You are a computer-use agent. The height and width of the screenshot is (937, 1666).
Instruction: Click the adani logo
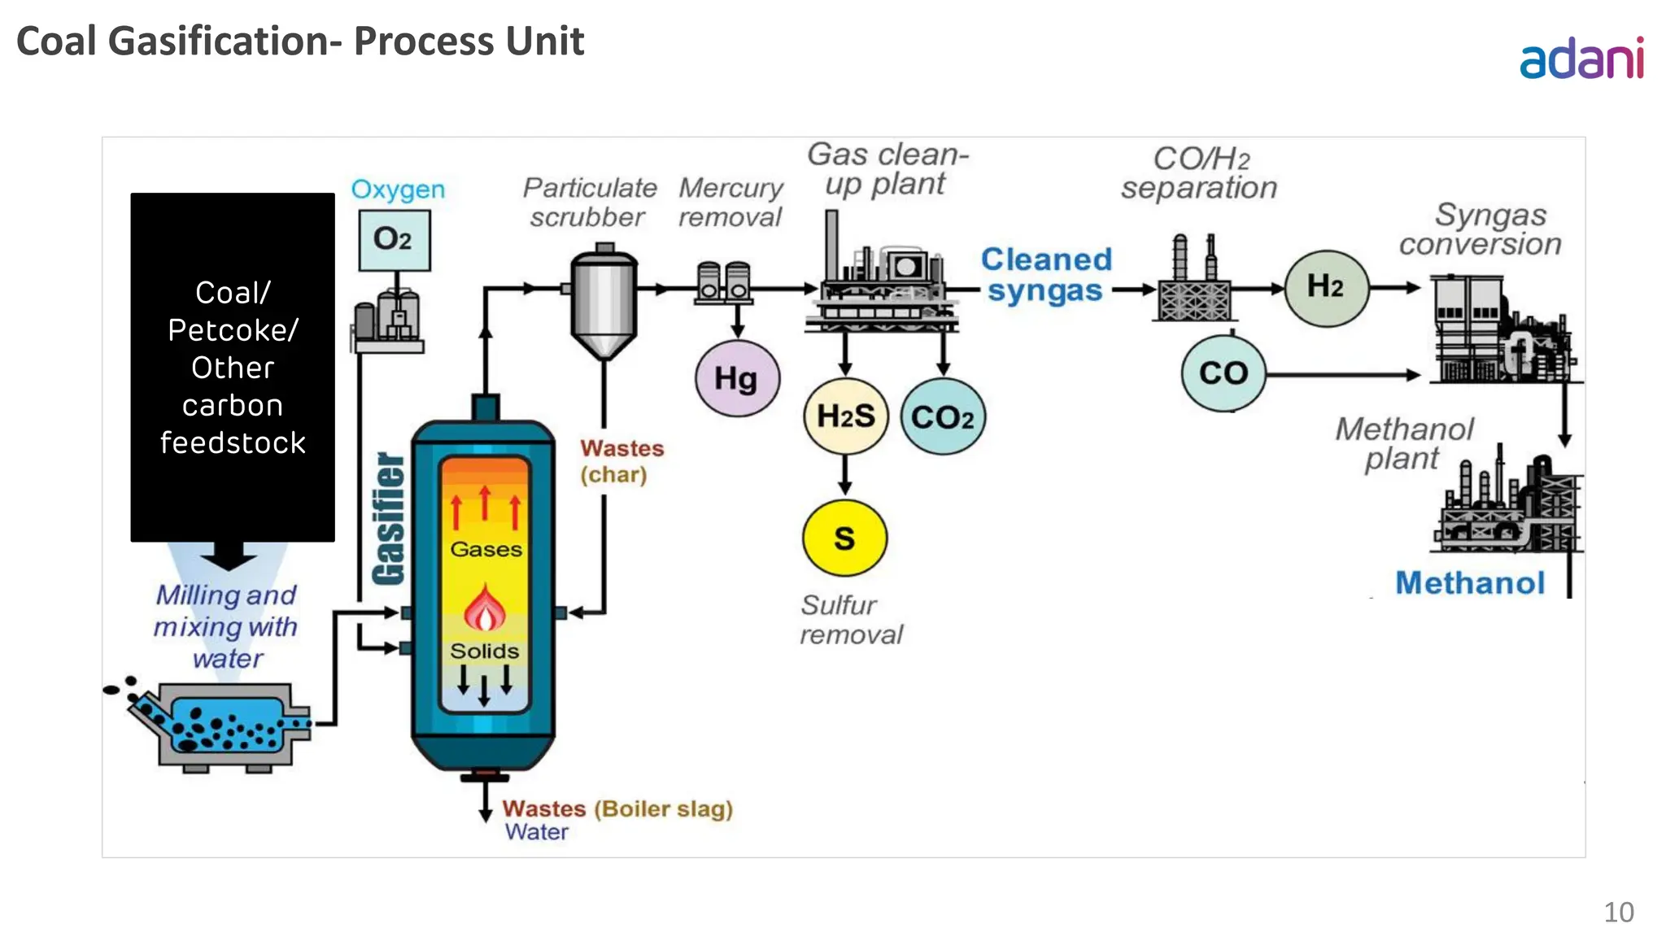1581,59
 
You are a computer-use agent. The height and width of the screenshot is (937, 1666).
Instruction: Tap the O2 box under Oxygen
395,240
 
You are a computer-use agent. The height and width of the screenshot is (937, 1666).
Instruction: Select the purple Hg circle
737,378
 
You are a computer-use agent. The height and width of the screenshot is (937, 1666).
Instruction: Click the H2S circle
845,416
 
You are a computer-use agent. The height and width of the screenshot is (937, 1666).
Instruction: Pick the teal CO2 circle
943,417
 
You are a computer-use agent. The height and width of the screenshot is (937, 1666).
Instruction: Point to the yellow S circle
844,538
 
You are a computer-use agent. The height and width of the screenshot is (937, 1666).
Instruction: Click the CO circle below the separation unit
1223,373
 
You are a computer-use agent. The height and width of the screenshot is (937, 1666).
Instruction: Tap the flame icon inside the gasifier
485,608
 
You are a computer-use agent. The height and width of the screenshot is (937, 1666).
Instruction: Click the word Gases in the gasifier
486,550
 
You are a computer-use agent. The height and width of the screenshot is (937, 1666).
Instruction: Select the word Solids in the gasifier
485,652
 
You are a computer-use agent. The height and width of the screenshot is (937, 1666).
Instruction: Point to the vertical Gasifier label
389,518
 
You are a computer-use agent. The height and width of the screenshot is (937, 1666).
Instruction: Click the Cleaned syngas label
1045,275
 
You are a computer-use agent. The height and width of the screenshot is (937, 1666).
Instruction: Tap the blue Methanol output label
1470,583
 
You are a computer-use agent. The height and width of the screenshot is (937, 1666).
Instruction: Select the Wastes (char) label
621,461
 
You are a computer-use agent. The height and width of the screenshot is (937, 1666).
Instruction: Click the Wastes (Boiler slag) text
617,808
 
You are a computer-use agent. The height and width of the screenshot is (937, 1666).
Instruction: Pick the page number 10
1618,912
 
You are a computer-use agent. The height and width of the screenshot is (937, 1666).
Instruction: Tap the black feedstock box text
233,368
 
